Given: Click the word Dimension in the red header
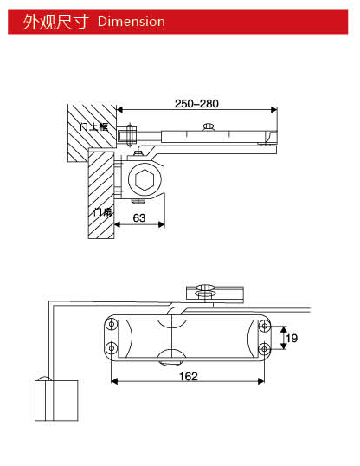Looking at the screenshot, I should (x=132, y=21).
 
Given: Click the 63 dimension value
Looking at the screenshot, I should (x=138, y=218).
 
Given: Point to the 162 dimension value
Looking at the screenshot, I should (x=190, y=376).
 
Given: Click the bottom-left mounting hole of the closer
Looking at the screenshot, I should (x=110, y=348).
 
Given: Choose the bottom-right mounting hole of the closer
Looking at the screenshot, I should (x=263, y=348).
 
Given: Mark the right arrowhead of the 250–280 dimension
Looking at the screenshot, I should (x=274, y=110).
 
